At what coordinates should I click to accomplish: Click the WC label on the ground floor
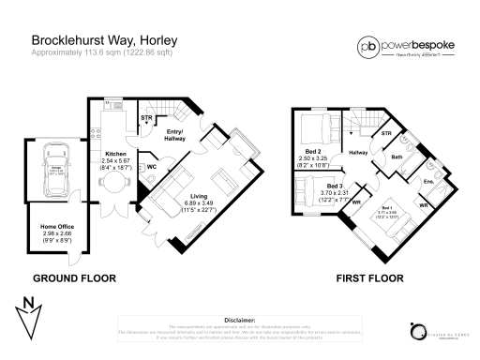click(x=150, y=168)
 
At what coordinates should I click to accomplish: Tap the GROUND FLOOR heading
click(x=74, y=278)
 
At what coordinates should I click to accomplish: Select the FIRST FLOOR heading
click(x=372, y=278)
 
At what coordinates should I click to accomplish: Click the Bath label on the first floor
click(x=397, y=157)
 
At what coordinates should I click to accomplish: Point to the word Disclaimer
click(x=240, y=319)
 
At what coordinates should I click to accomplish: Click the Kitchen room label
click(x=115, y=153)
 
